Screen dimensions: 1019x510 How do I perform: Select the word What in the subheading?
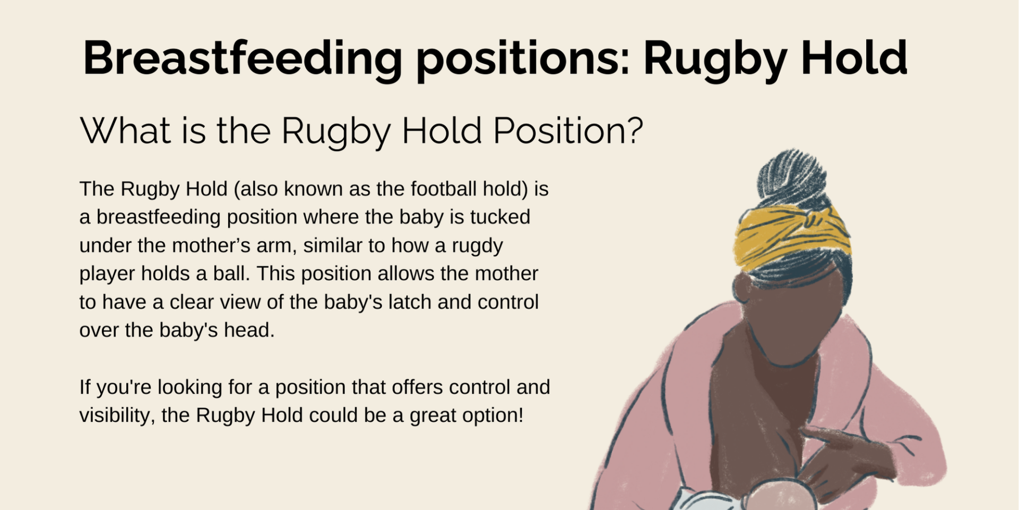tap(126, 130)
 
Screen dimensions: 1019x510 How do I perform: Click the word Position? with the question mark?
tap(568, 130)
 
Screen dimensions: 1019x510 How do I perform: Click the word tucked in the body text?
tap(500, 217)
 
